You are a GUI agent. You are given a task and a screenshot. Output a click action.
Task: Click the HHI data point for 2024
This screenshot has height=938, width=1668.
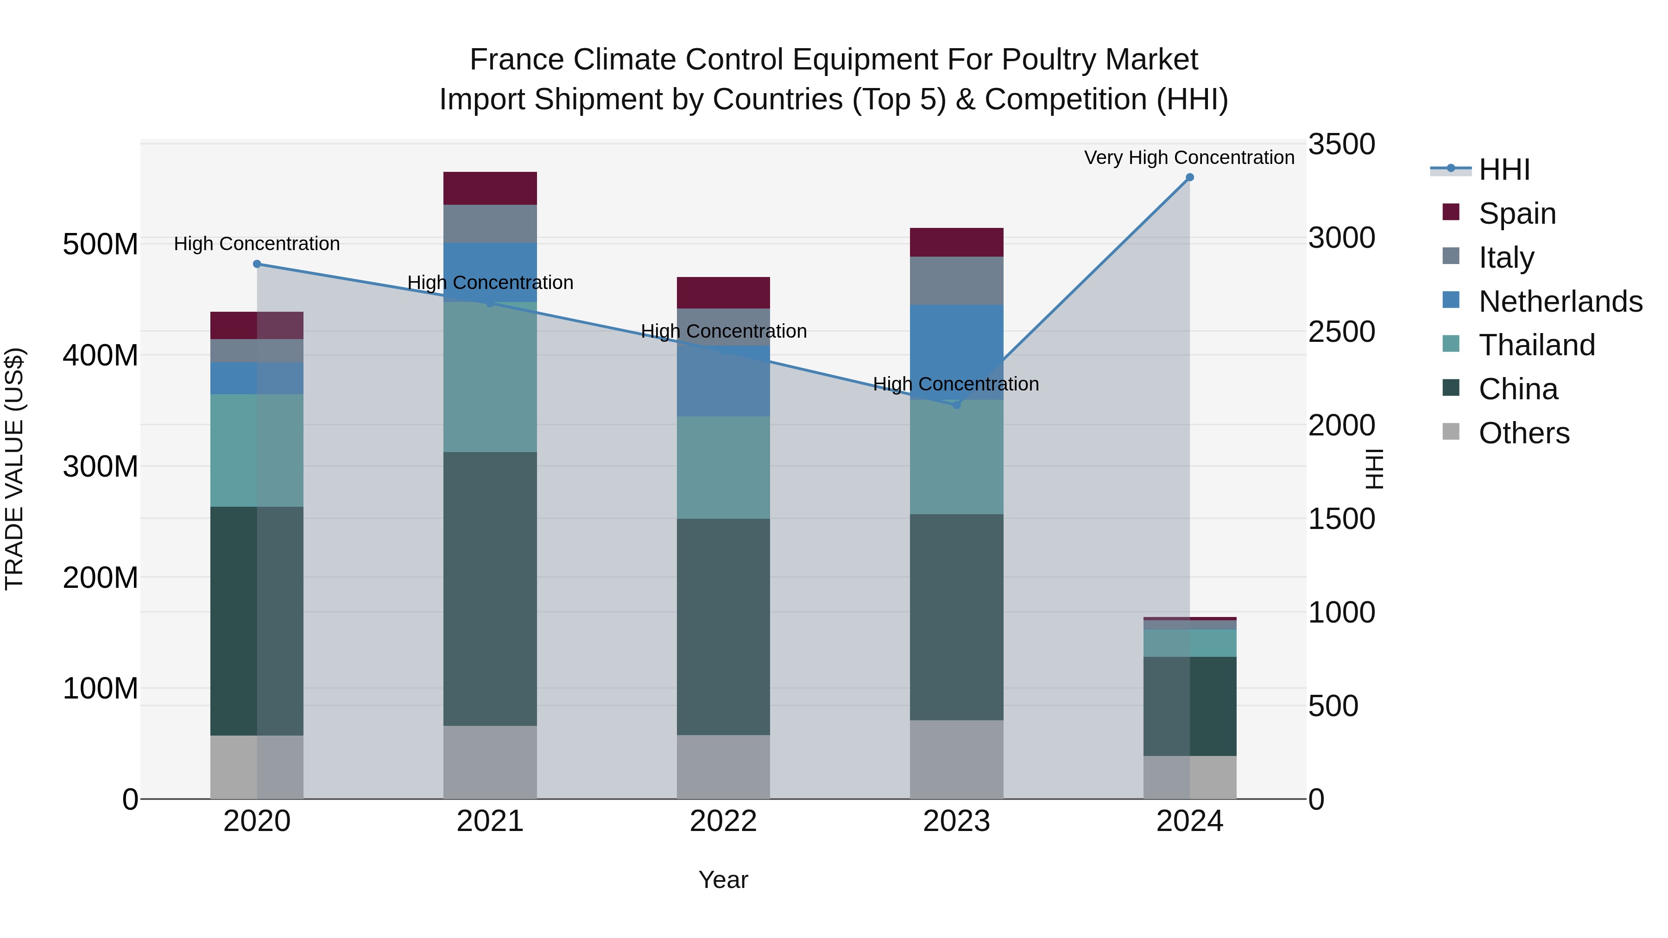pos(1189,177)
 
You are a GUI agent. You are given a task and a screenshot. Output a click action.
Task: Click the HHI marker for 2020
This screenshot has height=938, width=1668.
pos(257,264)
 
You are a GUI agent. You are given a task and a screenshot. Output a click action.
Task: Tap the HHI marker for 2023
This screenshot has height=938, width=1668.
pos(956,404)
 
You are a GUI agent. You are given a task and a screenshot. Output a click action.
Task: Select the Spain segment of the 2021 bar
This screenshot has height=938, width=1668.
pos(490,189)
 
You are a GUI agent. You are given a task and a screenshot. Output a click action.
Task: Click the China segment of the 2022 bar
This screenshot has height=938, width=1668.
pos(723,627)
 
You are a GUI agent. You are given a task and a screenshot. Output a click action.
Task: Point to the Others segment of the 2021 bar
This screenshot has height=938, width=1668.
pos(490,762)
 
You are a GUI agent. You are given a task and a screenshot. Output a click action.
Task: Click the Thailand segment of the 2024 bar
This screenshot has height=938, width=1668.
pos(1189,643)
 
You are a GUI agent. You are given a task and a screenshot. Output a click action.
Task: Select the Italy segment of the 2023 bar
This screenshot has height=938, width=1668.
pos(956,280)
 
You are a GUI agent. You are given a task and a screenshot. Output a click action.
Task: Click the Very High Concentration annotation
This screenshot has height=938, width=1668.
pos(1189,157)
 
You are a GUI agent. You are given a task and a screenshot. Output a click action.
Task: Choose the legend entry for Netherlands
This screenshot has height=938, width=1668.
pos(1561,301)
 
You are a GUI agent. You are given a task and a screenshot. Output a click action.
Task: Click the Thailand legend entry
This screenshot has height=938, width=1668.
pos(1536,345)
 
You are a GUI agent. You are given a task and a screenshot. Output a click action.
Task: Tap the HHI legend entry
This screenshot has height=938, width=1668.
pos(1504,170)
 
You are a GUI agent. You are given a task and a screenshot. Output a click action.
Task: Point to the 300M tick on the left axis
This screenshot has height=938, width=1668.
pos(101,466)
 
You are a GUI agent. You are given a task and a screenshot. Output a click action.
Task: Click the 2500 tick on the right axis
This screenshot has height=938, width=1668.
pos(1342,332)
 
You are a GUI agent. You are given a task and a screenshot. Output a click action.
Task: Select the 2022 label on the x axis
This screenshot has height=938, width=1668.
pos(723,821)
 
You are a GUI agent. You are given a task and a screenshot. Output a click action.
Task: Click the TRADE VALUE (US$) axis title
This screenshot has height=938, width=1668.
pos(14,469)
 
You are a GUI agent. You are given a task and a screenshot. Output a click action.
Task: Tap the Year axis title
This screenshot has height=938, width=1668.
pos(723,880)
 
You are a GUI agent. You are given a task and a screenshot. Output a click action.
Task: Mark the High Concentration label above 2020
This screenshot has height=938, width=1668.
pos(257,244)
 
